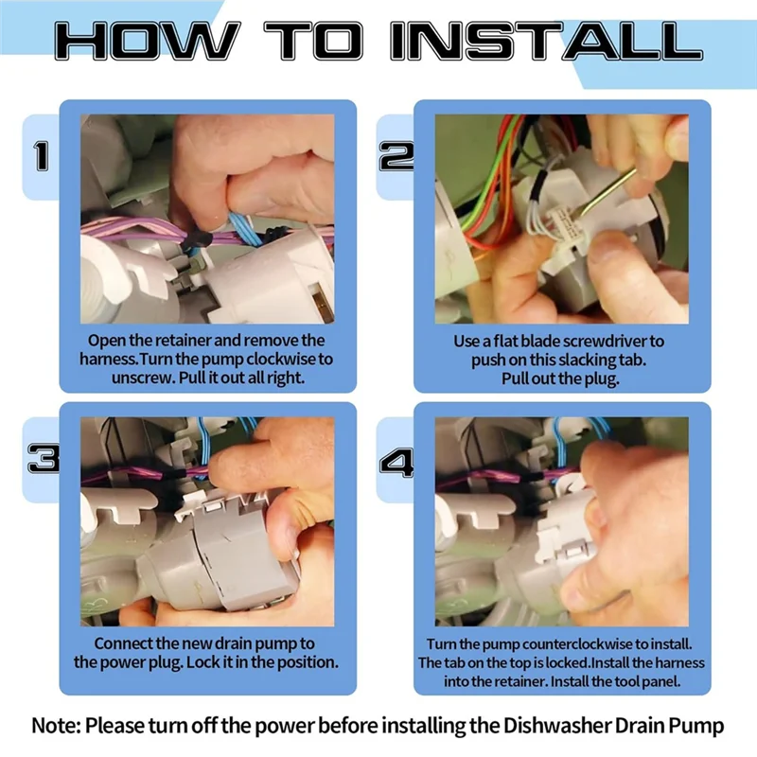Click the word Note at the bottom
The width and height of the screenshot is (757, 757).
click(56, 726)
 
